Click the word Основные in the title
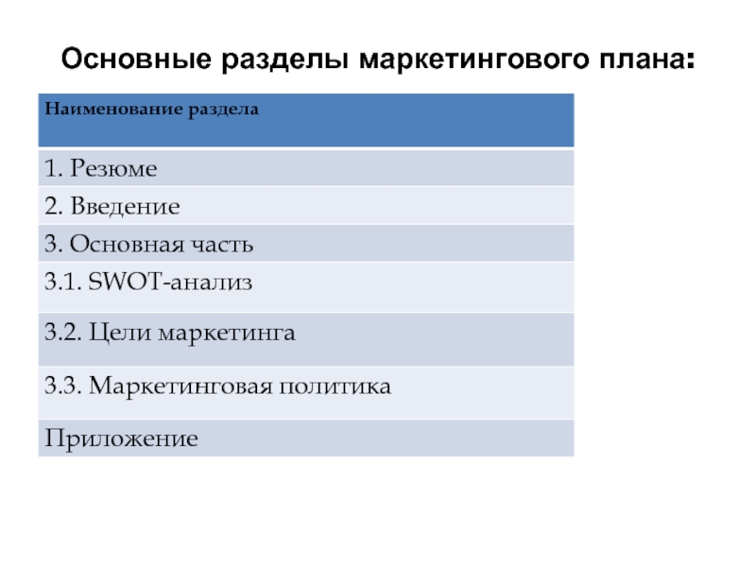coord(136,60)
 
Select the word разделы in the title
coord(285,60)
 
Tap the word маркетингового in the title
coord(474,60)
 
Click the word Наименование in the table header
coord(114,109)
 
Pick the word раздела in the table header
coord(223,111)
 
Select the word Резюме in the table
coord(113,168)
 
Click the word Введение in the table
coord(126,206)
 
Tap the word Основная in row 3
coord(127,244)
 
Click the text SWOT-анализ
coord(170,282)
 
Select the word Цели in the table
coord(120,333)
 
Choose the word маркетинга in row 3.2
coord(227,335)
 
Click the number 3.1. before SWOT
coord(63,282)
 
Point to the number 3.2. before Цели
coord(63,333)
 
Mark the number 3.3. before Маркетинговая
coord(63,386)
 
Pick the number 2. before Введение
coord(54,206)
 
